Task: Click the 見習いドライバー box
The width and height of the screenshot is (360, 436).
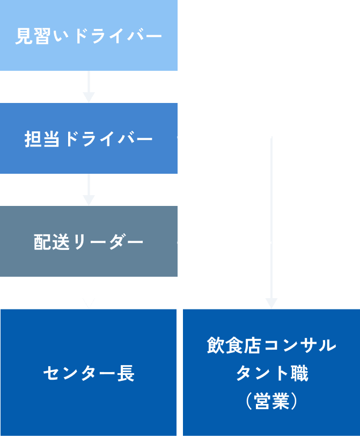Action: click(x=89, y=35)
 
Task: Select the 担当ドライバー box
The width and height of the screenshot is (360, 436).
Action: click(x=89, y=138)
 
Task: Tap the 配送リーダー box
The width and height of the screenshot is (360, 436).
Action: click(x=89, y=241)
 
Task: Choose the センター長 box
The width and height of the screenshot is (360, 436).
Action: click(x=89, y=372)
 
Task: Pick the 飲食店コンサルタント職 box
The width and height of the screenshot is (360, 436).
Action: click(x=271, y=372)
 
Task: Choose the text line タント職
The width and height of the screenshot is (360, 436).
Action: click(x=271, y=373)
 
